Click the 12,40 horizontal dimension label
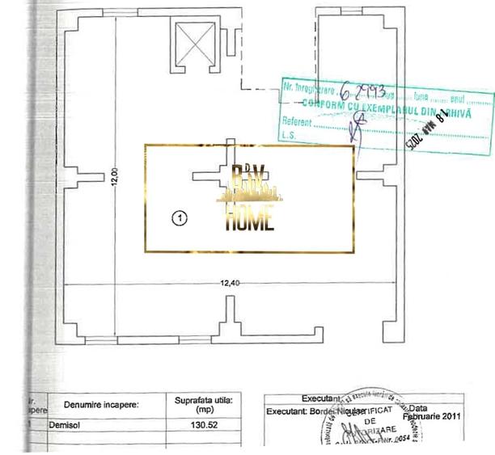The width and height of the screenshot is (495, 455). (x=231, y=282)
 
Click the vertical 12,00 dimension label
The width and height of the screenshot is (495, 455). (x=114, y=175)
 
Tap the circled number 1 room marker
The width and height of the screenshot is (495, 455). (x=180, y=217)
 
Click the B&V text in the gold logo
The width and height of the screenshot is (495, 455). (x=248, y=176)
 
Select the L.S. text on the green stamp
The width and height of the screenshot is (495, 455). (x=289, y=135)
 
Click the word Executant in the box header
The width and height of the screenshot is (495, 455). (x=319, y=398)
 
